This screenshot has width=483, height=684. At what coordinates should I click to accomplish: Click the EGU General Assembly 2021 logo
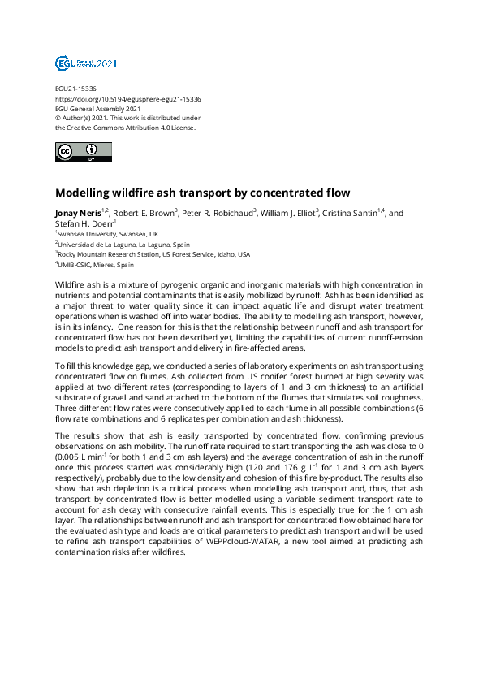tap(86, 63)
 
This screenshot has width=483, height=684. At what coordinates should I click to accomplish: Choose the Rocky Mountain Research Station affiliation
tap(154, 254)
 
